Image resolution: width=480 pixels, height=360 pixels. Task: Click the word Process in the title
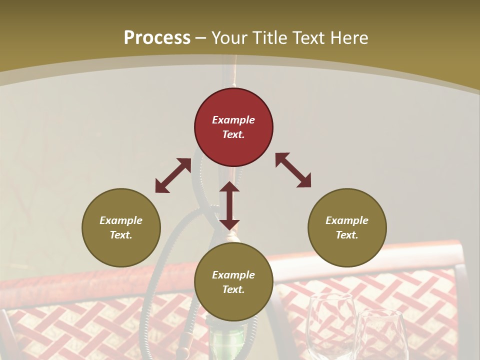point(157,38)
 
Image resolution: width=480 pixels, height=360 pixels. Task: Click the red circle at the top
point(233,127)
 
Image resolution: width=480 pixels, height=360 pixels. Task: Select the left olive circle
point(121,227)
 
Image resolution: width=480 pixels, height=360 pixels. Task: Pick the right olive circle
point(347,227)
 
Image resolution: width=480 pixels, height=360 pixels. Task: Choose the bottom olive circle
point(233,282)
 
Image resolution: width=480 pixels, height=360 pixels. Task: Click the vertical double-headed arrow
point(229,205)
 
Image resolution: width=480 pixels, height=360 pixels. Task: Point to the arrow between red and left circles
point(173,175)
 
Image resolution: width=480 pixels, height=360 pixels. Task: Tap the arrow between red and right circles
point(293,170)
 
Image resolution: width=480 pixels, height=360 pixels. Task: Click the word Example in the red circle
point(233,120)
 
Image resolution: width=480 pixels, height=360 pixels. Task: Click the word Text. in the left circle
point(121,235)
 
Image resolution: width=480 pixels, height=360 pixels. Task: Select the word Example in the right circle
point(347,220)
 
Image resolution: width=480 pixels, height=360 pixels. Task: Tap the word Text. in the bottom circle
point(233,289)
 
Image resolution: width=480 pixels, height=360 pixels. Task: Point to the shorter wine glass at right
point(381,335)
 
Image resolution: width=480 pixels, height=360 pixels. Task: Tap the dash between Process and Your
point(201,38)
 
